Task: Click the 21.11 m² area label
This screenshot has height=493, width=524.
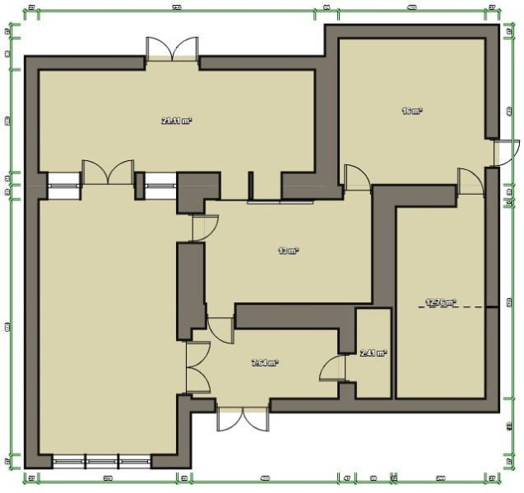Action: [x=176, y=121]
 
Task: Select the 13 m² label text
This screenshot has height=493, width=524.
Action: [x=287, y=251]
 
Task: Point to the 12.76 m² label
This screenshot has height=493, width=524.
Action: [x=440, y=302]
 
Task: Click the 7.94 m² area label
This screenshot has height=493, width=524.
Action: [x=264, y=362]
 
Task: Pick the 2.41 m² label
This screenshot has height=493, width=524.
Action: [x=373, y=353]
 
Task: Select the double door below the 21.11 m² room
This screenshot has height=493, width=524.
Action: [x=108, y=173]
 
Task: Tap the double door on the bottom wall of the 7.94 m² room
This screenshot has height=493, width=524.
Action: [x=243, y=417]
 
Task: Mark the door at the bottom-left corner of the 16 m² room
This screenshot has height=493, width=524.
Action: [x=356, y=176]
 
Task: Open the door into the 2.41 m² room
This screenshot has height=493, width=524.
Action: [x=335, y=367]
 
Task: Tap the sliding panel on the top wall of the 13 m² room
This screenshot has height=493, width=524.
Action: [x=280, y=200]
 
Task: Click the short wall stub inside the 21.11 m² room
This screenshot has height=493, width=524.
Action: [x=250, y=185]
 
